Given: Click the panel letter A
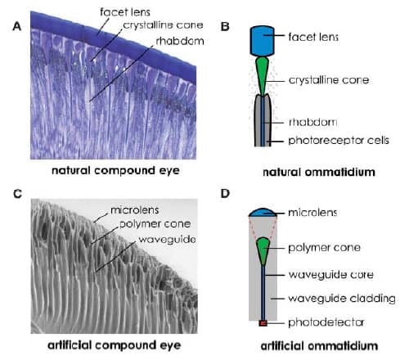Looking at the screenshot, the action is (17, 26).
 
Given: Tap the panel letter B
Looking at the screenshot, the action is (225, 26).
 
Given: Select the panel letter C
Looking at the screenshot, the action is (17, 194).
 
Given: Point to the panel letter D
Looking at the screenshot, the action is (225, 193).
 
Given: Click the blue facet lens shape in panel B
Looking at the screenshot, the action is (263, 41).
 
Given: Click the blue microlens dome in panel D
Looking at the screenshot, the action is (263, 213).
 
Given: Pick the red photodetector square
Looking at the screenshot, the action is (263, 323).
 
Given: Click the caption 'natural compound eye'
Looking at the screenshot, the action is (115, 170).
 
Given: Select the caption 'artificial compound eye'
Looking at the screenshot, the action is (115, 345).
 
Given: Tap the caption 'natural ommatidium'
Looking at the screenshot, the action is (319, 172).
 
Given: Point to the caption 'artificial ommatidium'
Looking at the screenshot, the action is (319, 346).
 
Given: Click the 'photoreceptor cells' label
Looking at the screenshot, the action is (339, 140).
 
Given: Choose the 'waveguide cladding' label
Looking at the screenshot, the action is (342, 299).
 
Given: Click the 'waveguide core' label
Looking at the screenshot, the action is (330, 274).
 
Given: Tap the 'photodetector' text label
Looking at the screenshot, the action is (326, 322).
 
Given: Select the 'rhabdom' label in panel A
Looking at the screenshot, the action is (180, 41).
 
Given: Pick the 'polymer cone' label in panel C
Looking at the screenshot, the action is (155, 224).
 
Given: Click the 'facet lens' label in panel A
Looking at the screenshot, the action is (125, 12).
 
